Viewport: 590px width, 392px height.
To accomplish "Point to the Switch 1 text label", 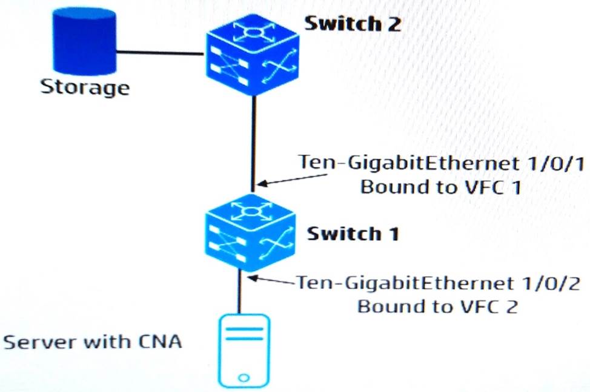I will (353, 234).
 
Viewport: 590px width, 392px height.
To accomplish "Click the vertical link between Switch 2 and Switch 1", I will (253, 140).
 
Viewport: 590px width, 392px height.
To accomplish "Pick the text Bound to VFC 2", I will (437, 306).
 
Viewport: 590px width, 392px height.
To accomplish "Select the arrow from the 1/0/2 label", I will (273, 281).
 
